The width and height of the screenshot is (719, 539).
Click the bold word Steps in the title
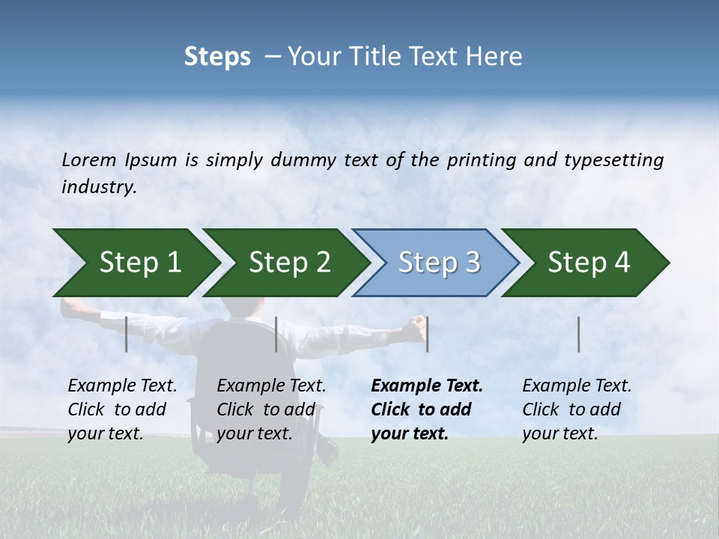[217, 57]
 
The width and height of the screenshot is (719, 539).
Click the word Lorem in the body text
[88, 159]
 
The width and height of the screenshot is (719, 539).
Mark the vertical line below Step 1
[127, 334]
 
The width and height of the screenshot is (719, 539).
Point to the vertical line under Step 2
[276, 334]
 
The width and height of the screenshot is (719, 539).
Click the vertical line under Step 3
[427, 334]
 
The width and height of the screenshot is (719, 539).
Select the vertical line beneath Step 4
[579, 334]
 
